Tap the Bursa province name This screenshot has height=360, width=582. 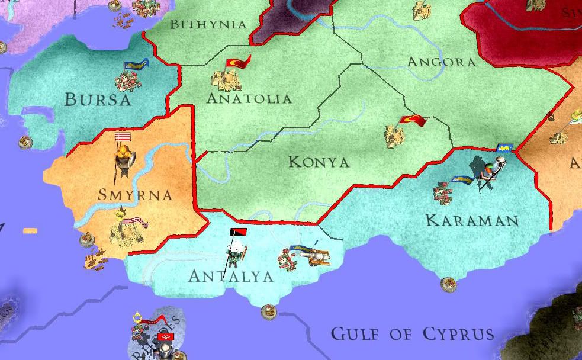click(x=98, y=99)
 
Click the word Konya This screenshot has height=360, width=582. click(x=319, y=162)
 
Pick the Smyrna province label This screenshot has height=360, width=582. click(x=136, y=195)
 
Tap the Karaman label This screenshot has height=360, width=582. click(x=472, y=221)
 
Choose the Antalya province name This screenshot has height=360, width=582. click(x=231, y=276)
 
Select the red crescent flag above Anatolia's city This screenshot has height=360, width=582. click(x=239, y=62)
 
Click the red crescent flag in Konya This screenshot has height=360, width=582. click(x=413, y=121)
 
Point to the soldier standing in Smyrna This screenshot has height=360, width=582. click(x=124, y=160)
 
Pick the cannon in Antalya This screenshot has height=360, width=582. click(x=315, y=256)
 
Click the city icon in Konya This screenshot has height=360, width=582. click(x=394, y=136)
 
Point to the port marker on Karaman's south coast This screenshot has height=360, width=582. click(x=448, y=284)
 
